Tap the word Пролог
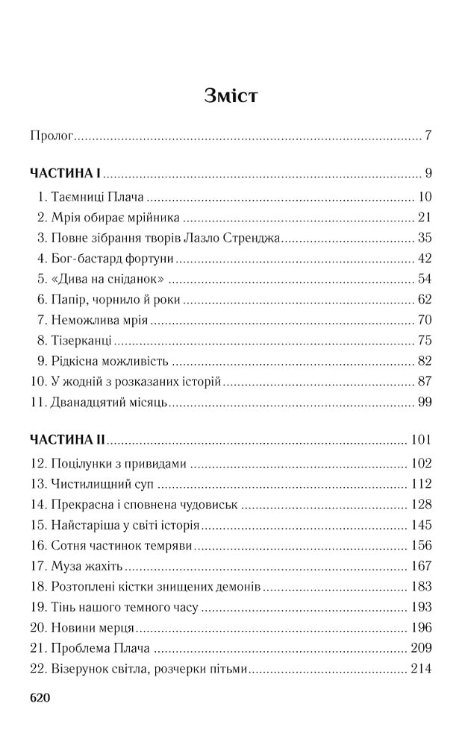(52, 136)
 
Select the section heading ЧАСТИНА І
(65, 174)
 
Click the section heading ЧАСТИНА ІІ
(68, 439)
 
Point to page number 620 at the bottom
(40, 698)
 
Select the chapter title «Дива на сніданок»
(108, 280)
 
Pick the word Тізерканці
(82, 342)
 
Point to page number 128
(422, 504)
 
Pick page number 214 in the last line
(422, 669)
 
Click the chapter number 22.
(39, 669)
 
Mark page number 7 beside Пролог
(429, 136)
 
